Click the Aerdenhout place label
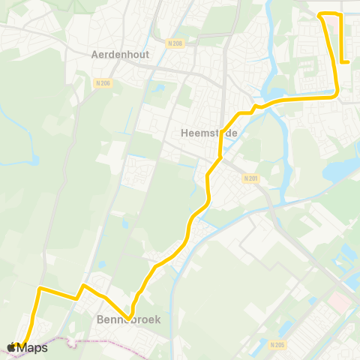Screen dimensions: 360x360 tap(120, 55)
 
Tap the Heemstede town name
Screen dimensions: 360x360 tap(210, 133)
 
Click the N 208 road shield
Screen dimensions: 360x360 tap(176, 43)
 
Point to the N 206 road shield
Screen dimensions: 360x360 tap(103, 82)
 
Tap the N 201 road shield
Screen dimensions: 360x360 tap(250, 178)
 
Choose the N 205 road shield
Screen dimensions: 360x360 tap(277, 345)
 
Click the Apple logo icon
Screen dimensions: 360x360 tap(13, 347)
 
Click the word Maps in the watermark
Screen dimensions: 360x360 tap(33, 347)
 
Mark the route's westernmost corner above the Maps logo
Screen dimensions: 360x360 tap(39, 288)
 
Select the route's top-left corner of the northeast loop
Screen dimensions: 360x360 tap(321, 15)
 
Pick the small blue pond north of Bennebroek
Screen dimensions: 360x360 tap(101, 264)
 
